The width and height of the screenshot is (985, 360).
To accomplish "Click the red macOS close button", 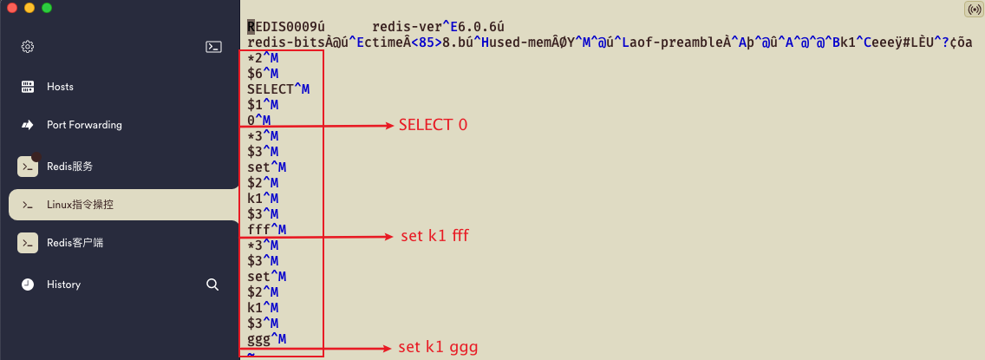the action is [12, 8].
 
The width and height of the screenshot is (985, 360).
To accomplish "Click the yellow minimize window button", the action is [29, 8].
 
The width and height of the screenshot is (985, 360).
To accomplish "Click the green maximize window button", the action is [47, 8].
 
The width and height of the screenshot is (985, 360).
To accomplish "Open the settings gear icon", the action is [27, 47].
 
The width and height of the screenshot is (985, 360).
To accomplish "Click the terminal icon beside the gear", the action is [213, 47].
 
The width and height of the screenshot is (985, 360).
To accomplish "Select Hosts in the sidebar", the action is [60, 87].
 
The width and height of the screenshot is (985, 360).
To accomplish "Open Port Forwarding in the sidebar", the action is [84, 125].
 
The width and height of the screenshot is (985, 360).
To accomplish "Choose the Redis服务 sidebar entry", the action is [69, 167].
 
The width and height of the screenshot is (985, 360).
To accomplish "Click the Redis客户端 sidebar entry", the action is [75, 243].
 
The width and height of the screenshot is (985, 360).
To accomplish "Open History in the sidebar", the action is [63, 285].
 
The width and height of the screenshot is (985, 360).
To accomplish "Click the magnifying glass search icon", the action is [212, 285].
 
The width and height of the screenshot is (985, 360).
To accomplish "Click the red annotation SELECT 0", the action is [433, 125].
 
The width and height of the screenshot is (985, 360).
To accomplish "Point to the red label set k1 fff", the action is [434, 236].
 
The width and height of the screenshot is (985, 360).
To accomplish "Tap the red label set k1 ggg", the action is [438, 348].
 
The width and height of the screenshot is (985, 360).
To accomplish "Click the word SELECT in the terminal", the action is [271, 89].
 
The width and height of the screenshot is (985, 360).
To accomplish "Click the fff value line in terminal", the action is [259, 230].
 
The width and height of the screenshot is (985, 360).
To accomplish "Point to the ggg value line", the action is [259, 338].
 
